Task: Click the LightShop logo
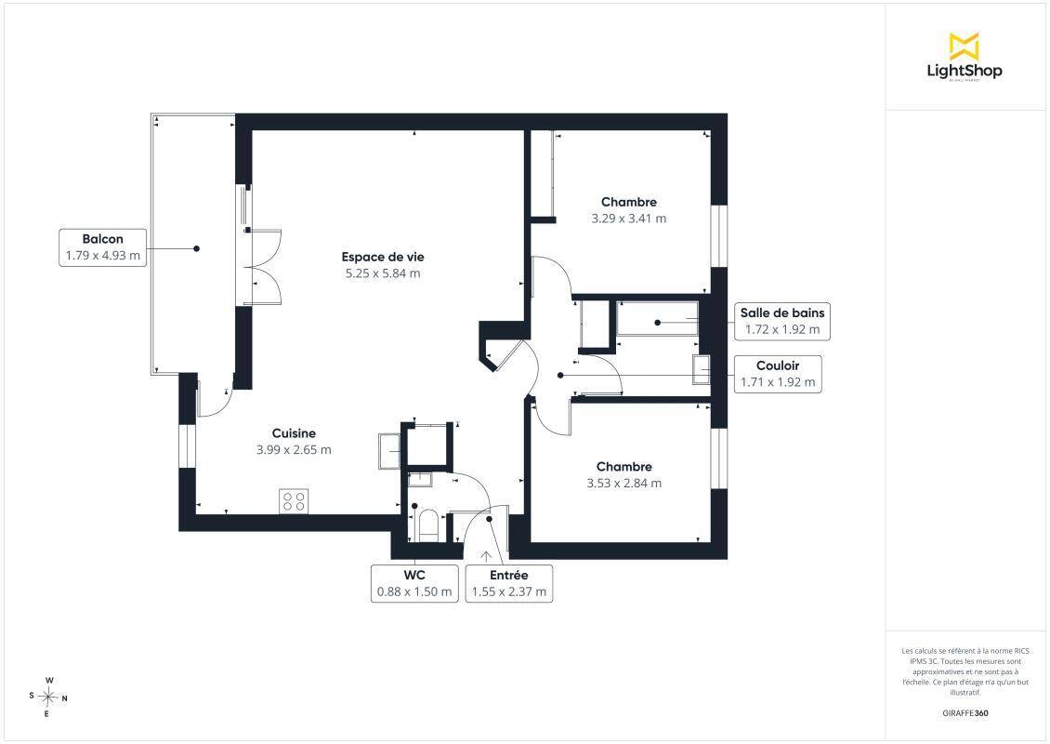965,58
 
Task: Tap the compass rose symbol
48,697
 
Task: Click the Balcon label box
102,247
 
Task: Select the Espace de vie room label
382,257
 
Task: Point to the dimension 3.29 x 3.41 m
629,219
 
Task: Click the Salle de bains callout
782,321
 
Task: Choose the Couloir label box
778,374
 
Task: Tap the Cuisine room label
294,433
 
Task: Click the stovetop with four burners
294,501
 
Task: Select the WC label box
414,583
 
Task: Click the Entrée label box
509,583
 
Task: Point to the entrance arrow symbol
485,555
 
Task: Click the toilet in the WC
427,525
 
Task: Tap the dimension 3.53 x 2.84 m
624,484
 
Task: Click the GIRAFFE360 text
965,713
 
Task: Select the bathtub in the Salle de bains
657,318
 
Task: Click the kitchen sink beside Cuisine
389,450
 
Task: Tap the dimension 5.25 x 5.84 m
382,273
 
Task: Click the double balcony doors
262,267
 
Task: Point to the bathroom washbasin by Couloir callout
702,369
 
